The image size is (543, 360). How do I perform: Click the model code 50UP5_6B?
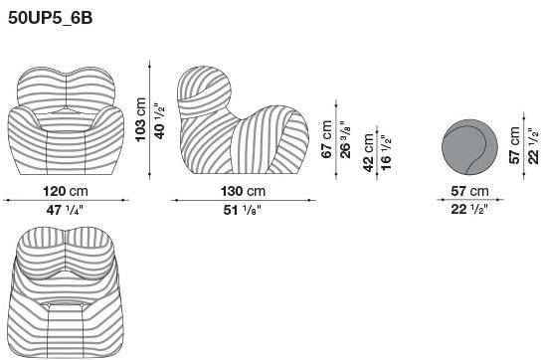click(50, 18)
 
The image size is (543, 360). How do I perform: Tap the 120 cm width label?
click(66, 191)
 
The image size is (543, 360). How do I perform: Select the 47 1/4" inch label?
click(65, 210)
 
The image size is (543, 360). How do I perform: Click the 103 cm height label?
click(140, 119)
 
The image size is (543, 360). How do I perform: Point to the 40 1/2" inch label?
click(159, 121)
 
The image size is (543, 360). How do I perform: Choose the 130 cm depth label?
click(243, 191)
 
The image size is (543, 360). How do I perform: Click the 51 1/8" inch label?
click(242, 210)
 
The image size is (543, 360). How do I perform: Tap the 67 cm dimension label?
click(326, 139)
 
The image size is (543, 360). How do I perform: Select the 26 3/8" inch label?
click(345, 139)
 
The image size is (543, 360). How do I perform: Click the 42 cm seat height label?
click(368, 152)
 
